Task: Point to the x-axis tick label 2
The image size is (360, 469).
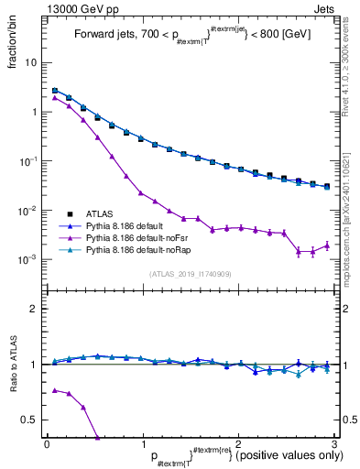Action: point(238,443)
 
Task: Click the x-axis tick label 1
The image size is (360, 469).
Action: point(143,443)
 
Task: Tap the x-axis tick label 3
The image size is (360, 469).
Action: point(333,443)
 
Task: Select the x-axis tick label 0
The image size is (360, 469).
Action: point(47,443)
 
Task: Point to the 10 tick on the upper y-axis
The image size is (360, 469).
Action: point(30,62)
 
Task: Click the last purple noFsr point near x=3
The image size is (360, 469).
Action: point(327,245)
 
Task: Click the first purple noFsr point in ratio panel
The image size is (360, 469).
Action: point(55,390)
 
